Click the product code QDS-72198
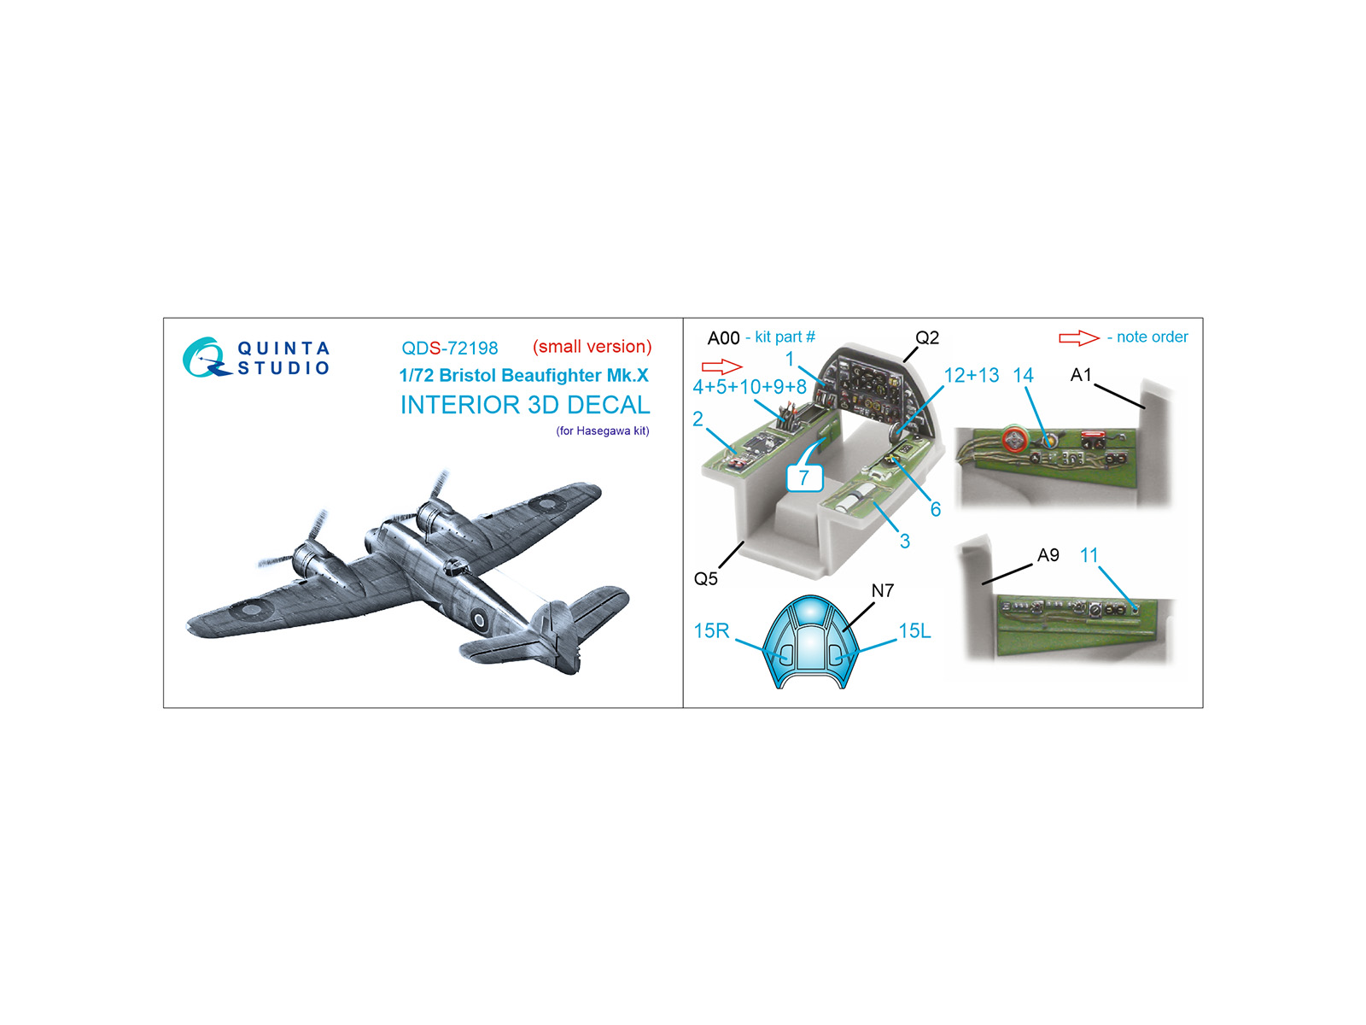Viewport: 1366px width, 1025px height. (449, 348)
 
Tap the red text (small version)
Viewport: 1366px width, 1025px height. (592, 347)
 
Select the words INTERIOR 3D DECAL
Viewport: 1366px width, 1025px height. (525, 405)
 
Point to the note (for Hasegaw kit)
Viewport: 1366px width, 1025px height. (603, 430)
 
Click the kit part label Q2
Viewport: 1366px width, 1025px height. (926, 337)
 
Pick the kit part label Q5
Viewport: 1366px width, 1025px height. (706, 579)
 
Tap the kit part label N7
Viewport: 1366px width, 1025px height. (883, 590)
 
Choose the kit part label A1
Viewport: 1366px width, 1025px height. (1081, 375)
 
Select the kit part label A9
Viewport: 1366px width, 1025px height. (1048, 555)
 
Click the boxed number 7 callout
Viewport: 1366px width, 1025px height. (804, 477)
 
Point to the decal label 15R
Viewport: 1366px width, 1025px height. (711, 631)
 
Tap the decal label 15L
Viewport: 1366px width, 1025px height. (914, 631)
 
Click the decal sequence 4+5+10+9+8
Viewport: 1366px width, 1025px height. (750, 387)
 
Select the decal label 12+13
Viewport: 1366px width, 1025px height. (971, 375)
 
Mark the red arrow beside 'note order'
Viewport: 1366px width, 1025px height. (1078, 338)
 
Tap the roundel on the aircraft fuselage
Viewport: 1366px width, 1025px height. (479, 618)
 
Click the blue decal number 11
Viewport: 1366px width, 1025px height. (1089, 555)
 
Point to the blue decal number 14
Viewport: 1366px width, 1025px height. (1023, 375)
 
